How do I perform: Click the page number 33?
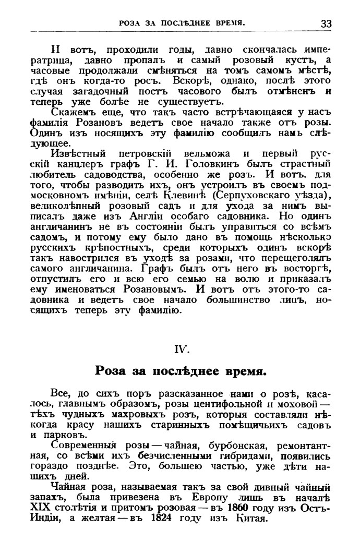326,23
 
